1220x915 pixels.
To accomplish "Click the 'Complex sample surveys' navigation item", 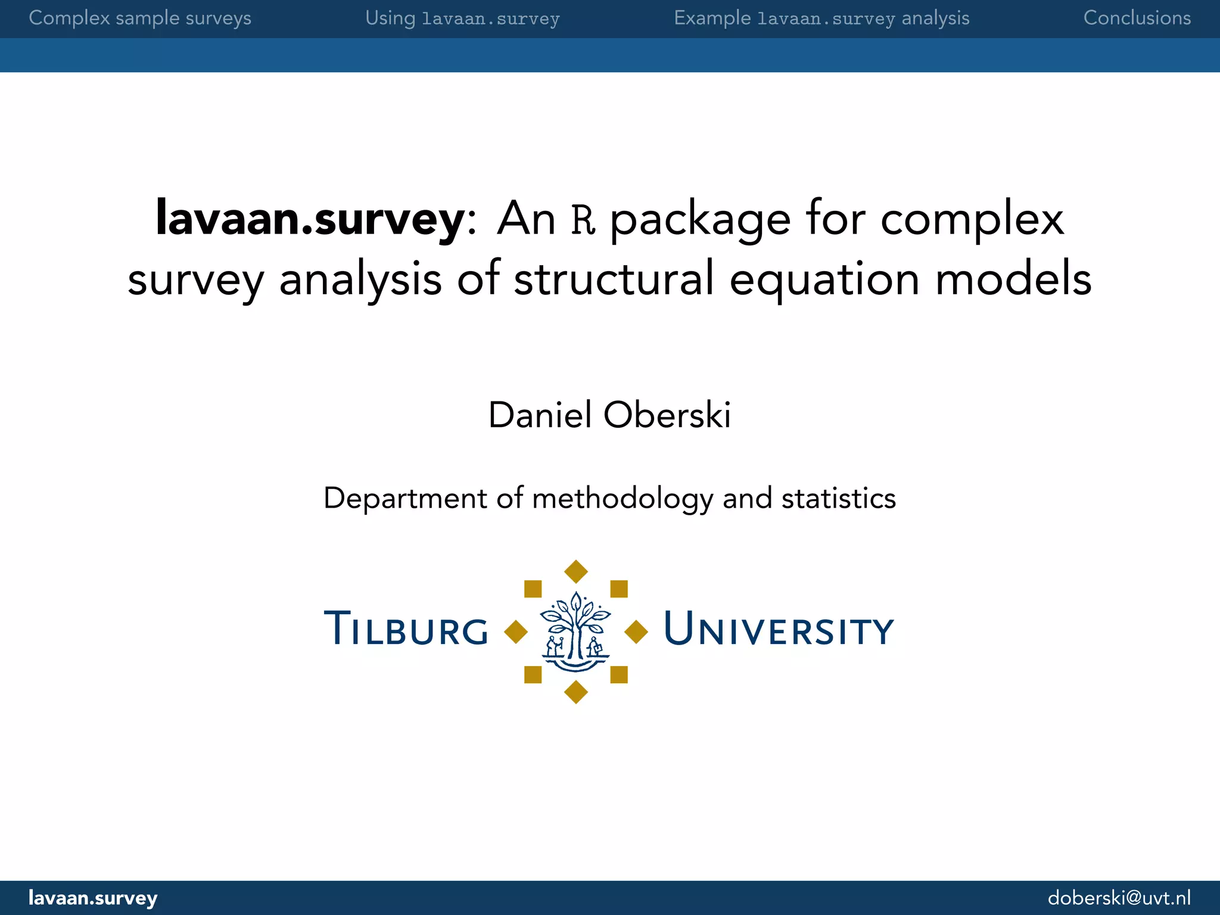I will coord(140,18).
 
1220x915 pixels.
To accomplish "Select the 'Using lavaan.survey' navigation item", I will coord(462,18).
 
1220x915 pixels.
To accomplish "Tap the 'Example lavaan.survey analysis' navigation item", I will coord(821,18).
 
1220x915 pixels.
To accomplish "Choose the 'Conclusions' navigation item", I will coord(1137,18).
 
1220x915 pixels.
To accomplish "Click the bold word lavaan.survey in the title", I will coord(310,219).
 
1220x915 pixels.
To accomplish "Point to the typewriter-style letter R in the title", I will coord(583,219).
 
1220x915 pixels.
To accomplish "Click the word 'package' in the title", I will coord(701,220).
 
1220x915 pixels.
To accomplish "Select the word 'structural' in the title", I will coord(614,279).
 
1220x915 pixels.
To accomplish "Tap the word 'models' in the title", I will coord(1013,279).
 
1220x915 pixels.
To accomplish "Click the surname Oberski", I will coord(667,415).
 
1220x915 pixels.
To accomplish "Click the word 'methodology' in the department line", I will coord(622,499).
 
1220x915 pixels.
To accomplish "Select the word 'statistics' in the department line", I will coord(838,499).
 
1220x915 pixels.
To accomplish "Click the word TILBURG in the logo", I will coord(406,629).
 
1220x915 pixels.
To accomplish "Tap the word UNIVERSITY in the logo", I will coord(778,629).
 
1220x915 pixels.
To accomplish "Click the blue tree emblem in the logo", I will coord(575,631).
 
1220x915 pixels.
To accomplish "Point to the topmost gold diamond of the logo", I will coord(576,572).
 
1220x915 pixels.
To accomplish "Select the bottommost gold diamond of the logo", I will coord(576,692).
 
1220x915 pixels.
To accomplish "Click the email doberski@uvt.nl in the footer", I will coord(1119,898).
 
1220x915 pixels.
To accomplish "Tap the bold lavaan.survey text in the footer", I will coord(93,898).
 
